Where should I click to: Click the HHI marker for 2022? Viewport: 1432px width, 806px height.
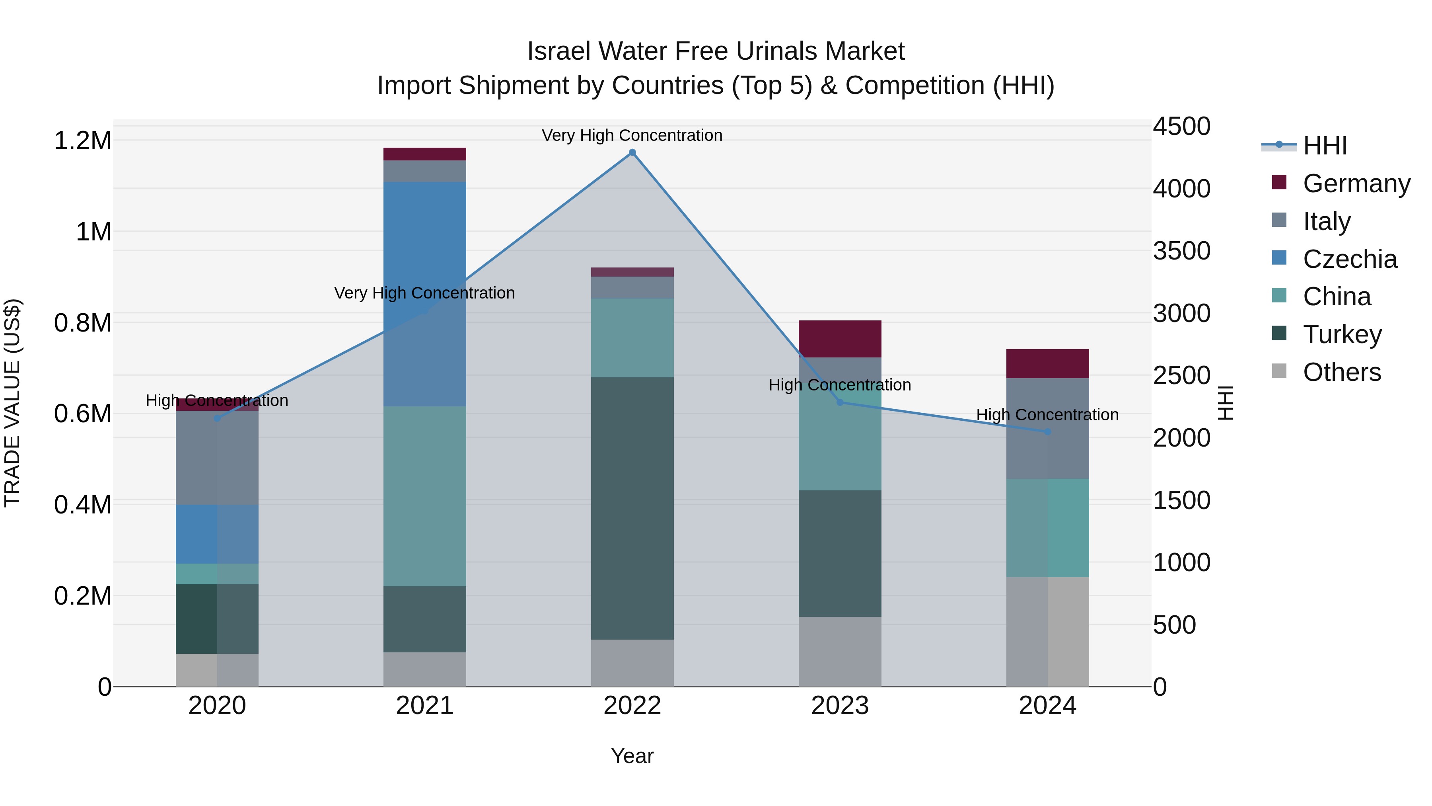[x=632, y=152]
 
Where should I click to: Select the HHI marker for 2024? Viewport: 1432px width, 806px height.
[x=1047, y=431]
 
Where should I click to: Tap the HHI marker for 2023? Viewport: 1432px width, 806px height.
[x=840, y=402]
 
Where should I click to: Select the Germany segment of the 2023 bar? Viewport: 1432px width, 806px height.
[x=840, y=339]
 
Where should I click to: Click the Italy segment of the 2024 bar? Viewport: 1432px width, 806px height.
[x=1047, y=428]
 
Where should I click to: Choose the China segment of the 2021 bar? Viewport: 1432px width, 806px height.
[x=425, y=496]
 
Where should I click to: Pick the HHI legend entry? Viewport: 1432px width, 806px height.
[x=1324, y=146]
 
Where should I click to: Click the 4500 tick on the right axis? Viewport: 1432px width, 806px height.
[x=1181, y=126]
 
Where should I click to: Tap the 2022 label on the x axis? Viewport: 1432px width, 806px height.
[x=632, y=706]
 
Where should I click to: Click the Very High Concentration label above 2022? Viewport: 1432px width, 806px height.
[x=632, y=135]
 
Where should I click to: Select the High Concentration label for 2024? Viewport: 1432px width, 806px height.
[x=1047, y=415]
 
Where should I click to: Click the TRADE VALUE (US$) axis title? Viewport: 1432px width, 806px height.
[x=12, y=403]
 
